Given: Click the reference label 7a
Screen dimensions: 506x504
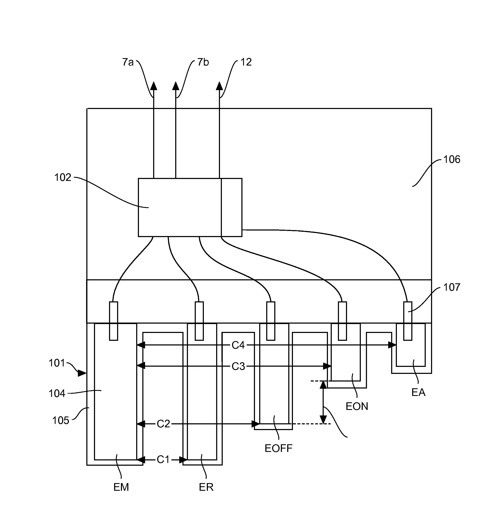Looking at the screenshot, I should tap(128, 62).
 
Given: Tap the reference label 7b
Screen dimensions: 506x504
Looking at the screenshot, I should tap(203, 62).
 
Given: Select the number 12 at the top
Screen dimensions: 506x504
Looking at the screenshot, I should tap(246, 62).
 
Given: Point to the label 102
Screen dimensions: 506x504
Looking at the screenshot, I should tap(63, 178).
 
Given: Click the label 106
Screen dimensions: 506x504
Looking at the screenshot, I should tap(452, 159).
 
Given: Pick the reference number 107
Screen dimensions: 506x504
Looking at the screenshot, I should tap(452, 287).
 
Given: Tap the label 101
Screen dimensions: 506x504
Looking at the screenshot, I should tap(57, 363).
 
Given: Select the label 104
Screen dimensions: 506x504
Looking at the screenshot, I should tap(57, 393).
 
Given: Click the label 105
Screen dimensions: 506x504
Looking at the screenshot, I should tap(60, 420).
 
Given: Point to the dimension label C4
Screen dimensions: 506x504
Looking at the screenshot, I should tap(238, 345).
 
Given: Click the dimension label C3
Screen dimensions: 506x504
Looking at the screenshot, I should tap(238, 366).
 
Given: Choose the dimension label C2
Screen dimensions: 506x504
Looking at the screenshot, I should tap(164, 424).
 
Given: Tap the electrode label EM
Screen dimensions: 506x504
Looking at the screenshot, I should tap(121, 487).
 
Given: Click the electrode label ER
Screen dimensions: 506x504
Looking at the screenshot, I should tap(206, 487).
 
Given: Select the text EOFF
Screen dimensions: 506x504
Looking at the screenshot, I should tap(279, 448).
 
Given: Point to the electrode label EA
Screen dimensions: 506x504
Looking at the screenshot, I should tap(418, 392).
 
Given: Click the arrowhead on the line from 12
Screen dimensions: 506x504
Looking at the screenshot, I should tap(220, 86).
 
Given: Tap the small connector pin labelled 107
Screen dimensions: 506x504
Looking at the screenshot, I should tap(408, 321).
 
